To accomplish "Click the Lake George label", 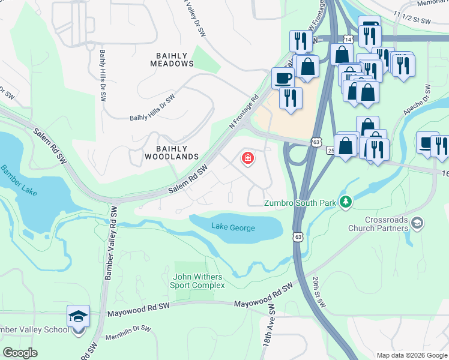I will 233,227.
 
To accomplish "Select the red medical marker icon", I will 247,158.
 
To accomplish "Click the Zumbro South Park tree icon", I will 345,203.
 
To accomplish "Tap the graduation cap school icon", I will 78,316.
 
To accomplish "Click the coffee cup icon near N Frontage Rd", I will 282,78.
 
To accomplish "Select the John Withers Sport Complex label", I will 197,281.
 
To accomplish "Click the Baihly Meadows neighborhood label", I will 172,59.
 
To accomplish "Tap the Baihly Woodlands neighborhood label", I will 172,152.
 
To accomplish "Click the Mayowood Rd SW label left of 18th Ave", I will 139,310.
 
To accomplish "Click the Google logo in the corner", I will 20,353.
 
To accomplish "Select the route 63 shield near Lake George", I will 298,237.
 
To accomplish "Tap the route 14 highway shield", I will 349,39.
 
